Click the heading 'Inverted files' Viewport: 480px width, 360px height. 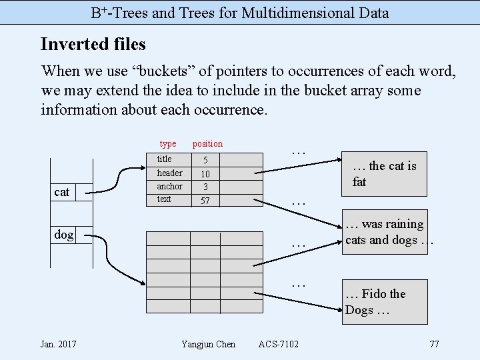[93, 45]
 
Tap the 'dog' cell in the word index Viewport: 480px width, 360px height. [64, 234]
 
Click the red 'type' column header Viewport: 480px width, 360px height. [168, 144]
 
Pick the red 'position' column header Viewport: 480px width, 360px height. [207, 144]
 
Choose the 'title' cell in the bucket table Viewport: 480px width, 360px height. [165, 159]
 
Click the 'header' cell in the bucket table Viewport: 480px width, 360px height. [169, 173]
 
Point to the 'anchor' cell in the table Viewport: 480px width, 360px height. [169, 186]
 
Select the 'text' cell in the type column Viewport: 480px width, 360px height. [164, 199]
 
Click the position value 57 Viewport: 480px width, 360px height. [205, 200]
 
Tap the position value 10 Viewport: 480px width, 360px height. [205, 173]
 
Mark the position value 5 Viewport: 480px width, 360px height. [205, 160]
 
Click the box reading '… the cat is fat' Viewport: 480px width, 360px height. [385, 174]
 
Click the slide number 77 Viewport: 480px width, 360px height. [434, 344]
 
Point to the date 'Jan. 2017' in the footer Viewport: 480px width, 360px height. [58, 344]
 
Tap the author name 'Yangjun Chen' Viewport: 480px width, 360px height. [208, 344]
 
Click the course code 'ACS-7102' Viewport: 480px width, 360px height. [279, 344]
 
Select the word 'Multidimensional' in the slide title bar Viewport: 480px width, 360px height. [293, 13]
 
